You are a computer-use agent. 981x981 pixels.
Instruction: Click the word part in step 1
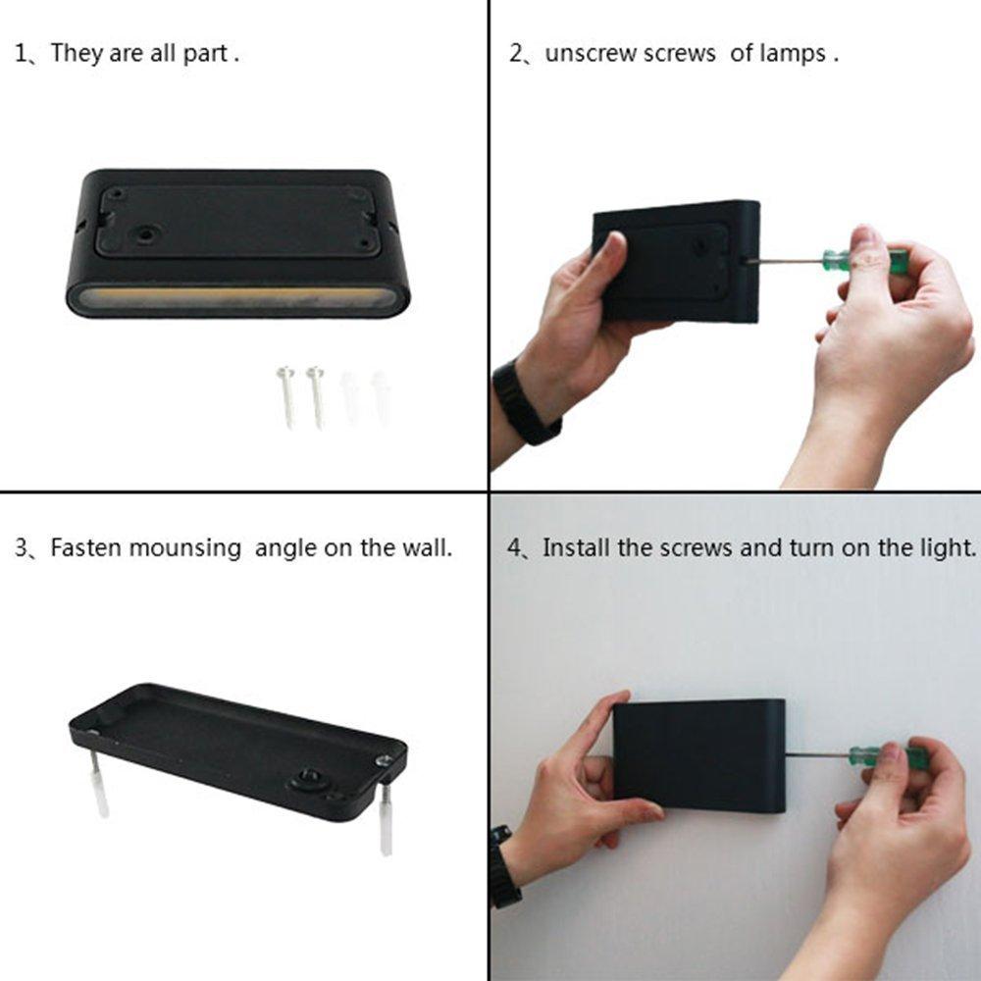[x=208, y=53]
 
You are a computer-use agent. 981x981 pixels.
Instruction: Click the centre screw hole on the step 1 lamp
[x=149, y=235]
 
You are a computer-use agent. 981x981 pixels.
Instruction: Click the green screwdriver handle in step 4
[x=887, y=756]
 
